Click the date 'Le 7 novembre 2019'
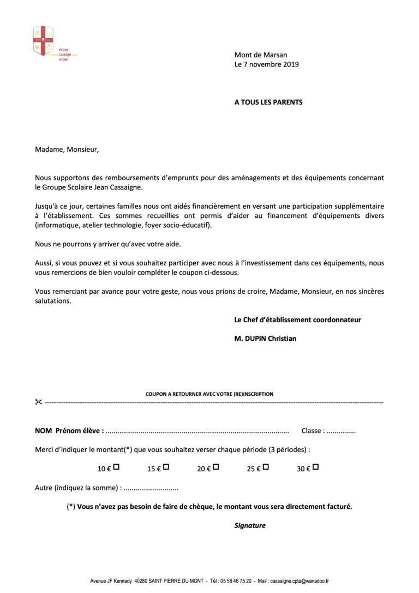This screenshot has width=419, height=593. [x=266, y=64]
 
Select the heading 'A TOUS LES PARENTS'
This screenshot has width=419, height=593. [x=268, y=102]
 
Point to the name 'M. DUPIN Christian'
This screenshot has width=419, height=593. [x=265, y=339]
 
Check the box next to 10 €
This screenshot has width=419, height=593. [x=116, y=467]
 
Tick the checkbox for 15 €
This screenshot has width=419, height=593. [x=166, y=467]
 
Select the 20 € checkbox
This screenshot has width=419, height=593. [x=216, y=467]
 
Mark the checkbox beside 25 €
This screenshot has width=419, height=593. [x=266, y=467]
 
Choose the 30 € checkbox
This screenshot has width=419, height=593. [x=316, y=467]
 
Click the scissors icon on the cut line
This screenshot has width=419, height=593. [x=38, y=402]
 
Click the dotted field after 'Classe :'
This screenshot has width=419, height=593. [x=342, y=431]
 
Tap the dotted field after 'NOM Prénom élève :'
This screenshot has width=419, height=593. [x=196, y=431]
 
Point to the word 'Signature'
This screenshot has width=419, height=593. [x=250, y=526]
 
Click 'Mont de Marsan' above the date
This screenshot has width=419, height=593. [x=260, y=55]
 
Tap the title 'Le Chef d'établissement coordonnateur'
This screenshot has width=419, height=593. [x=297, y=319]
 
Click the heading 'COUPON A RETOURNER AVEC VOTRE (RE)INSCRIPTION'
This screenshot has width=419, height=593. [x=209, y=394]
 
